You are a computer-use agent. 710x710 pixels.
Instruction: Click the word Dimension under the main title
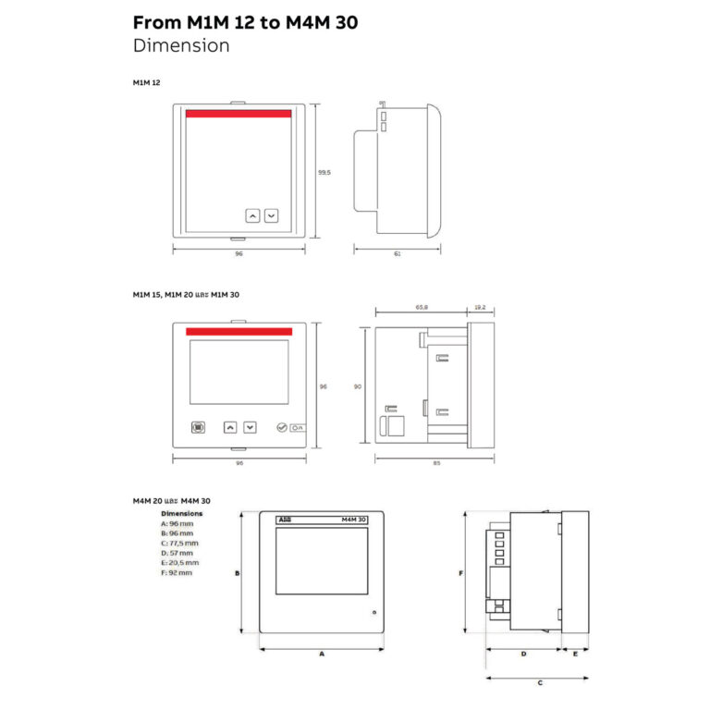[x=181, y=45]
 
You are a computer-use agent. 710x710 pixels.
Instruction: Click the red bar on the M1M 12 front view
[x=239, y=115]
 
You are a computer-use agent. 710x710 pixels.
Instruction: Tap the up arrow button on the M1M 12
[x=252, y=215]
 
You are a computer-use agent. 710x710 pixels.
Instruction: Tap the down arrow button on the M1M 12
[x=271, y=215]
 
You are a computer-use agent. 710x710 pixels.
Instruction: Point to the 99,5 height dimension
[x=324, y=172]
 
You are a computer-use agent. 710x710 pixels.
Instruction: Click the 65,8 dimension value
[x=421, y=306]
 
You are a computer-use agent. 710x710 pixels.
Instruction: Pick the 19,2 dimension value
[x=479, y=306]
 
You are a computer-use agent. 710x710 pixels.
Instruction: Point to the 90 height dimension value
[x=358, y=386]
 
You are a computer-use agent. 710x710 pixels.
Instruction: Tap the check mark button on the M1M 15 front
[x=282, y=428]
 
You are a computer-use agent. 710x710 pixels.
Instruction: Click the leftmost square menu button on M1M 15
[x=198, y=428]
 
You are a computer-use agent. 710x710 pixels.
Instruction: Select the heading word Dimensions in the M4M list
[x=181, y=513]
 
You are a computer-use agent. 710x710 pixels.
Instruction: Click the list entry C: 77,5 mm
[x=179, y=543]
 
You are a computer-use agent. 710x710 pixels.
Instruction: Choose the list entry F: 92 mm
[x=177, y=572]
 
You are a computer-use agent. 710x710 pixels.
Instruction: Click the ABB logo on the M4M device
[x=283, y=520]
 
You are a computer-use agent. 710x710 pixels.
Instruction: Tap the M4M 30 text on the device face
[x=353, y=520]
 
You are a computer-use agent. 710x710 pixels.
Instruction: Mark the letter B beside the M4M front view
[x=238, y=573]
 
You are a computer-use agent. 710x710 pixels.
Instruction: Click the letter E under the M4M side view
[x=575, y=654]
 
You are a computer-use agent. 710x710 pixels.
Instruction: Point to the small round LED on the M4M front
[x=373, y=613]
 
